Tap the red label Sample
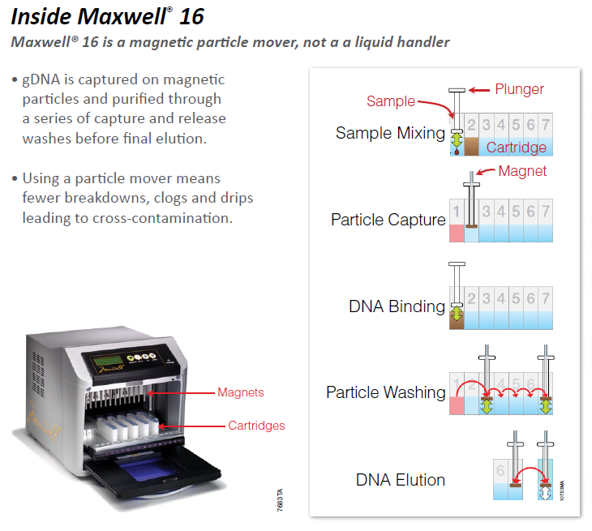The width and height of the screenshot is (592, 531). [390, 101]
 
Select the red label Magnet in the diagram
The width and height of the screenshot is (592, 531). [522, 171]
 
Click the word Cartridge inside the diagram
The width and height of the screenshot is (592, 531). [516, 148]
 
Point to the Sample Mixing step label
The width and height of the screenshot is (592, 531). [390, 133]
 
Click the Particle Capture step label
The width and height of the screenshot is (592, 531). [388, 220]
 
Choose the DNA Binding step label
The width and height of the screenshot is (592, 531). [397, 306]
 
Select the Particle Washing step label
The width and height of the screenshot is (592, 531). [385, 392]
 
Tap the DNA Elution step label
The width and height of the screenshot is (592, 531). [400, 480]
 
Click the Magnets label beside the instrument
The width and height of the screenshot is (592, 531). [240, 392]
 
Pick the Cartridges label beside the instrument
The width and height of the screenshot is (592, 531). [256, 425]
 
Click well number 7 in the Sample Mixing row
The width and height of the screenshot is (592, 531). [545, 125]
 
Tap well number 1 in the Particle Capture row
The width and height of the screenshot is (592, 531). [457, 212]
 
